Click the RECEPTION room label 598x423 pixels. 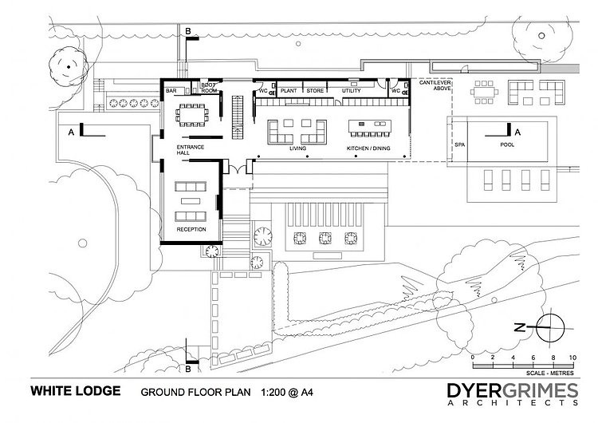tap(191, 229)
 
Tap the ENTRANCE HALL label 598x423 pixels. tap(191, 150)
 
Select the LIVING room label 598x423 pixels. tap(297, 148)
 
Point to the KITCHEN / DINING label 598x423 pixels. tap(368, 148)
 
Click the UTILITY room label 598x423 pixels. tap(352, 91)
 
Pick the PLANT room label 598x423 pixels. tap(289, 91)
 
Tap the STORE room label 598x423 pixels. tap(315, 91)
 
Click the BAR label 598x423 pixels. tap(171, 91)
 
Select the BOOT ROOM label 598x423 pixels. tap(209, 88)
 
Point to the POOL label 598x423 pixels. tap(507, 144)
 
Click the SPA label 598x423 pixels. tap(459, 145)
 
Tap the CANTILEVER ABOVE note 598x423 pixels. tap(435, 85)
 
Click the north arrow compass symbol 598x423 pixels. tap(550, 328)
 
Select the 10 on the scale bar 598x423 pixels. tap(572, 358)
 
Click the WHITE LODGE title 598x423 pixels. tap(76, 391)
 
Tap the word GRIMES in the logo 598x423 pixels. tap(540, 390)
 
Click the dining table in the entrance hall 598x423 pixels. tap(192, 115)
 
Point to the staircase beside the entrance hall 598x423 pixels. tap(238, 117)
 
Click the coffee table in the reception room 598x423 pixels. tap(191, 201)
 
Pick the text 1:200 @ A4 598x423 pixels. tap(287, 392)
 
